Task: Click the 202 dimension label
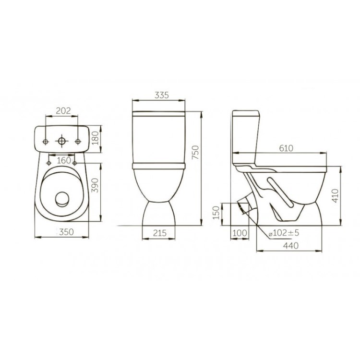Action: [63, 111]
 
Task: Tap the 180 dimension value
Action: [95, 138]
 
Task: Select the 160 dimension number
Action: [64, 160]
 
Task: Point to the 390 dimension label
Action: [95, 185]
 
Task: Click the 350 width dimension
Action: [67, 232]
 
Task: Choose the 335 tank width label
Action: [162, 95]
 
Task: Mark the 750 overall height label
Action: [196, 152]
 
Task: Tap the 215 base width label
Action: [160, 233]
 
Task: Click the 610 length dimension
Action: [286, 148]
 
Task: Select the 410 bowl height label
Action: [335, 196]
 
